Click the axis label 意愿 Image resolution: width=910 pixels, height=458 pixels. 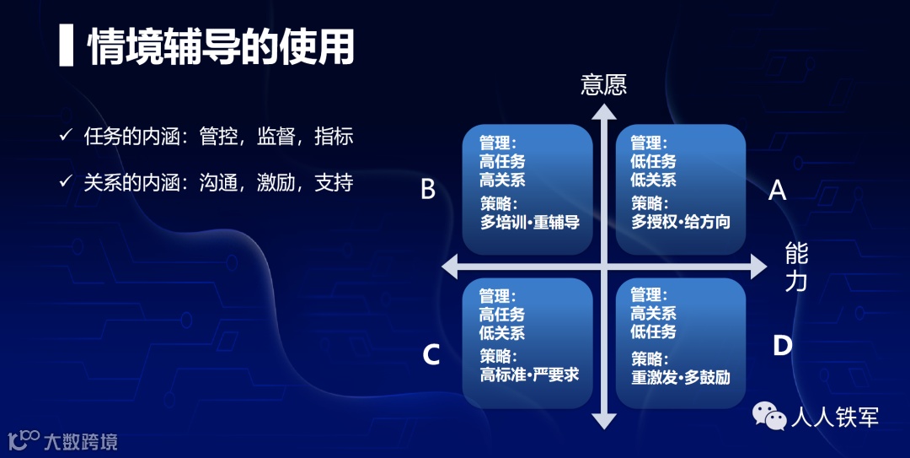click(604, 85)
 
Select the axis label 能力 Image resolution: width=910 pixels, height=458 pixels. click(796, 266)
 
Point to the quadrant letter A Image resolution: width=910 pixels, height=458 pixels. click(777, 191)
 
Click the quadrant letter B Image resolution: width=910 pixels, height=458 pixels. click(428, 191)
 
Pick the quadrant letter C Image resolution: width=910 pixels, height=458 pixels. click(431, 355)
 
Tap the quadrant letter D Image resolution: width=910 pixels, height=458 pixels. click(782, 346)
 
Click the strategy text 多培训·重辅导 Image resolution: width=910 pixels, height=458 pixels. click(530, 223)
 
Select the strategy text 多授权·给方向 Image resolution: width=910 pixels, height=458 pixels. click(681, 223)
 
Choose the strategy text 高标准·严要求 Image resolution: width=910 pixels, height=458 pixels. click(529, 375)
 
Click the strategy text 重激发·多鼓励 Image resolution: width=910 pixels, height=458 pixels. click(681, 376)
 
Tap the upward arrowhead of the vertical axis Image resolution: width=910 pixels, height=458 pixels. click(603, 112)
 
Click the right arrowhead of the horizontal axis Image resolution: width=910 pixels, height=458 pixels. click(757, 267)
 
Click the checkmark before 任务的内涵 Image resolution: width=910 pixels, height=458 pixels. click(66, 137)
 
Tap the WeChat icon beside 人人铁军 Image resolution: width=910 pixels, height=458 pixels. click(768, 416)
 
